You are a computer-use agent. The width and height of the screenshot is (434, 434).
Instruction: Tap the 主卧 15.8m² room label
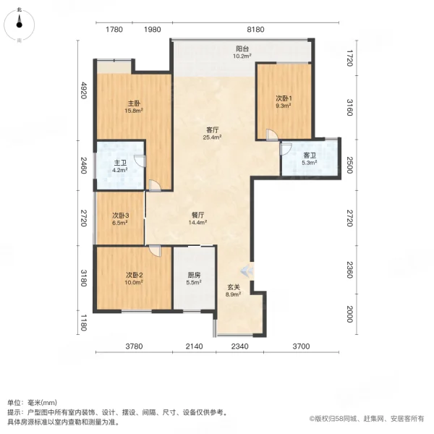pos(132,107)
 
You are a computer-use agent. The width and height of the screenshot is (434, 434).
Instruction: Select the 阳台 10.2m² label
pos(242,51)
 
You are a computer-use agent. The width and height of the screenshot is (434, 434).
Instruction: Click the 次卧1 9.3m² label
pos(283,101)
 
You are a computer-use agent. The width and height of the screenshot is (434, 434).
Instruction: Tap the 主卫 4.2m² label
pos(119,166)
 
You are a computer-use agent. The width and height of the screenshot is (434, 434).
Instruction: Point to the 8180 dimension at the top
pos(256,30)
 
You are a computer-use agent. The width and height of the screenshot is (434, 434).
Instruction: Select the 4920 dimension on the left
pos(84,90)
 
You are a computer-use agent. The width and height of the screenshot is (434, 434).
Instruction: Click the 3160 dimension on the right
pos(349,109)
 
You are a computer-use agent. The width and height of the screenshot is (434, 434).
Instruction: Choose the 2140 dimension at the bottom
pos(193,347)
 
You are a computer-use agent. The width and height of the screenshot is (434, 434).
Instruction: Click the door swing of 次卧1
pos(271,135)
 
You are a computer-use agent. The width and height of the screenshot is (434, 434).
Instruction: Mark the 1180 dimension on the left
pos(84,322)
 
